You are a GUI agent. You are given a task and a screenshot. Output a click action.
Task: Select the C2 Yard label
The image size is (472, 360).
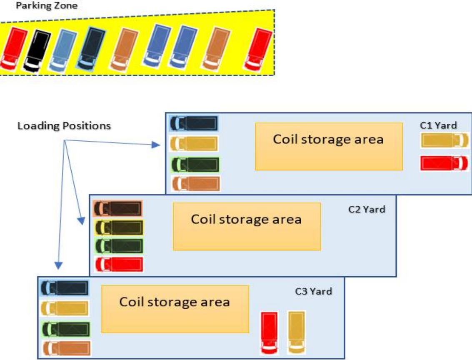tap(367, 209)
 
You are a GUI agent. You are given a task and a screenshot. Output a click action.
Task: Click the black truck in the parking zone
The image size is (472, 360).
tap(37, 50)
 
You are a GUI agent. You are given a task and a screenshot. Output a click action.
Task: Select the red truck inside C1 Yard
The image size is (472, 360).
tap(444, 163)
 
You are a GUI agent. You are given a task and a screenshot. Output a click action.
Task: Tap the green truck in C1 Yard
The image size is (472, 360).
tap(195, 164)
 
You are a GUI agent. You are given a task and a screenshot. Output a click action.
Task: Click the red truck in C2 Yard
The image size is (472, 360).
tap(119, 264)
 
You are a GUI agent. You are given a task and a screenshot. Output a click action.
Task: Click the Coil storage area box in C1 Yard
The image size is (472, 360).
tap(329, 146)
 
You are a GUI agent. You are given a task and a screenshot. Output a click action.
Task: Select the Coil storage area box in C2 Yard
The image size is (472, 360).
tap(247, 226)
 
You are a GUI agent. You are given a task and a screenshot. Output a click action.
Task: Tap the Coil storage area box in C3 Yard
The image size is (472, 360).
tap(175, 309)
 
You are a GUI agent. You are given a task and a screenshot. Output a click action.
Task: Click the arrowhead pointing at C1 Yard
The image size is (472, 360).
tap(157, 145)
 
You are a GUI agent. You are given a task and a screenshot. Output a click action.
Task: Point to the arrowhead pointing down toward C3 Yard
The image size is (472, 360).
tap(59, 265)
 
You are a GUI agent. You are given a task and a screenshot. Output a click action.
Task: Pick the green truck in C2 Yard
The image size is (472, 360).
tap(119, 246)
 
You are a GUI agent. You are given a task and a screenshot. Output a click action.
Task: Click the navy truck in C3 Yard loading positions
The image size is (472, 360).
tap(65, 288)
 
